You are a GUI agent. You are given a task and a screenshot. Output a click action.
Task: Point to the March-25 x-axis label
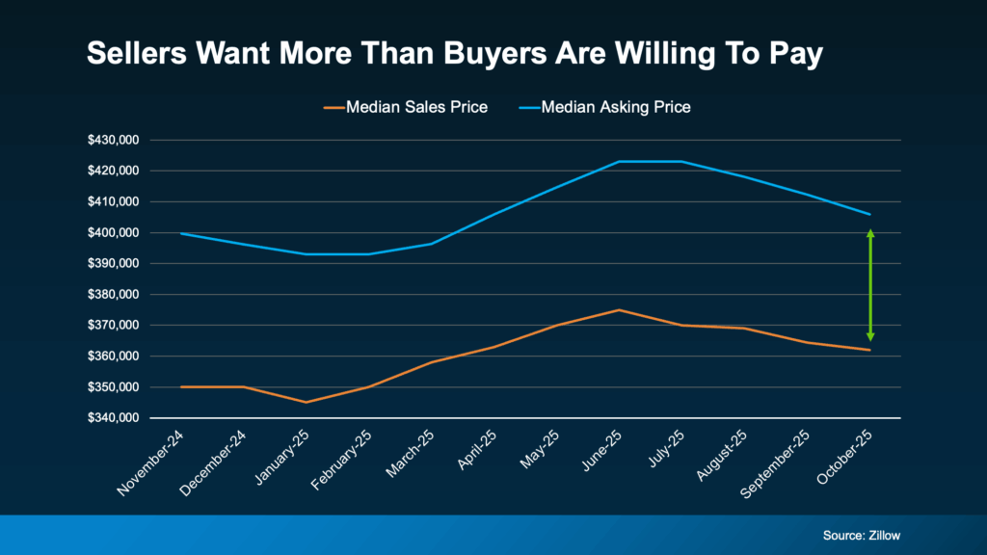pos(410,454)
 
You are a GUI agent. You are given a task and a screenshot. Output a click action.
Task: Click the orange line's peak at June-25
pos(619,310)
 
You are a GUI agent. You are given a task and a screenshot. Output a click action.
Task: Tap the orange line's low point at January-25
pos(307,402)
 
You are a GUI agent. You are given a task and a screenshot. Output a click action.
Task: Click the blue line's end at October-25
pos(870,214)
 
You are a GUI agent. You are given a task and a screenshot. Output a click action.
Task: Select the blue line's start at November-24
pos(181,233)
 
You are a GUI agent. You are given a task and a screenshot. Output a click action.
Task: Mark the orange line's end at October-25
pos(870,350)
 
